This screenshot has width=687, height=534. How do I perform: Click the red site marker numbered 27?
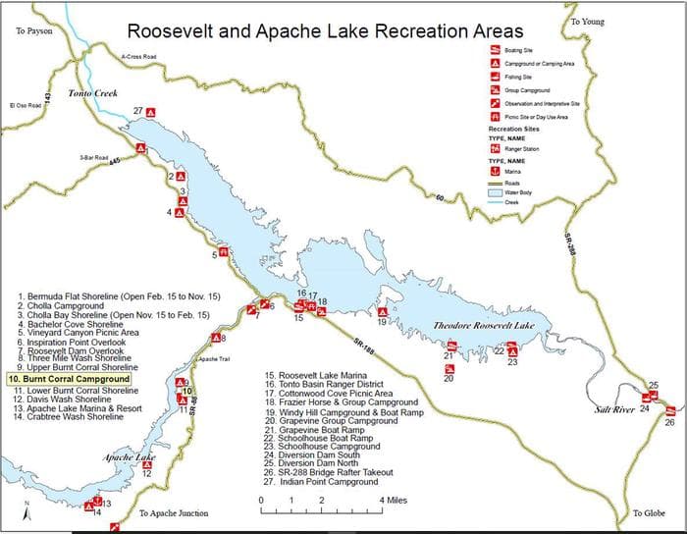pyautogui.click(x=150, y=112)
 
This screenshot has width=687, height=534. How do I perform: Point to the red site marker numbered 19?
pyautogui.click(x=383, y=313)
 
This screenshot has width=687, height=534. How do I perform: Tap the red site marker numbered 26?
pyautogui.click(x=669, y=410)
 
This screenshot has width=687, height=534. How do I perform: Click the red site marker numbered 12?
pyautogui.click(x=146, y=464)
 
